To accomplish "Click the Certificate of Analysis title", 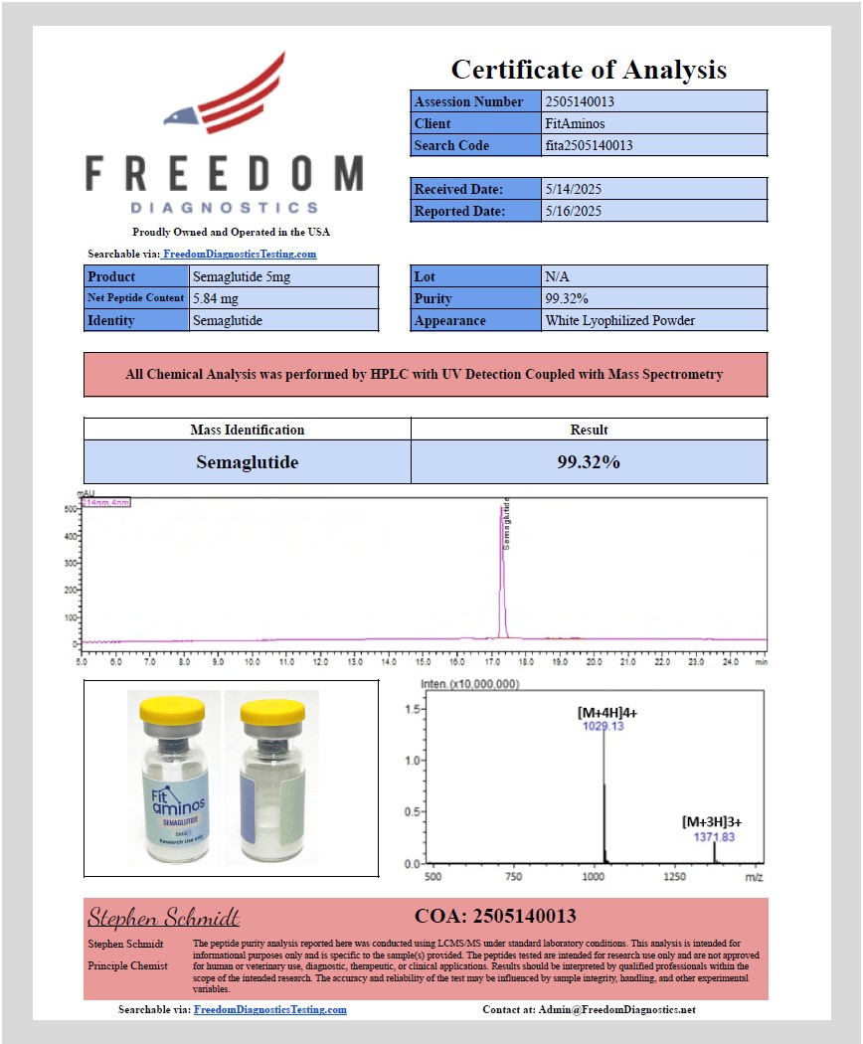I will (x=589, y=70).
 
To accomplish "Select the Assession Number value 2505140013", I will (x=580, y=101).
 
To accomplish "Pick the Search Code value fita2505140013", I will (x=589, y=145).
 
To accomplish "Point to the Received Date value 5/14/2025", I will (x=574, y=189).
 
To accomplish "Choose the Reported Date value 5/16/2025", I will (x=574, y=211).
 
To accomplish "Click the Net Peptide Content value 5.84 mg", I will (x=216, y=298).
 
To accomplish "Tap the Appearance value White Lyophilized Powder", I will (x=619, y=320).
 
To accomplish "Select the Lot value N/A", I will (x=557, y=276).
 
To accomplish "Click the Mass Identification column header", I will (x=248, y=430).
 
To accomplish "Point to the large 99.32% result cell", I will (x=589, y=462).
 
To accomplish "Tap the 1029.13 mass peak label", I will (x=603, y=727).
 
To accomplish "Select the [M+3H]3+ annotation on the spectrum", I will (x=712, y=822).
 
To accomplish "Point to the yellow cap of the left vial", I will (x=166, y=707).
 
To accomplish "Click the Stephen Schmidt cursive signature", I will (x=164, y=917).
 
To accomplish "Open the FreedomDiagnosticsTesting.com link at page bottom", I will (x=270, y=1009).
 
